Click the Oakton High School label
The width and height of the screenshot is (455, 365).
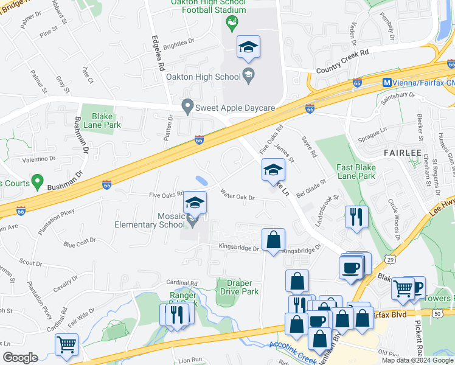pyautogui.click(x=203, y=77)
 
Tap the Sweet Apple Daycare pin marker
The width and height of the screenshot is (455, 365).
pyautogui.click(x=188, y=107)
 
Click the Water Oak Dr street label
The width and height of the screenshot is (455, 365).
pyautogui.click(x=237, y=196)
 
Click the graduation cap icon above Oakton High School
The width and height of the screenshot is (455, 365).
pyautogui.click(x=248, y=47)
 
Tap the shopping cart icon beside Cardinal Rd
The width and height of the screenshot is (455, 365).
pyautogui.click(x=66, y=344)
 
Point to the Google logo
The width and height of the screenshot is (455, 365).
pyautogui.click(x=20, y=358)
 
